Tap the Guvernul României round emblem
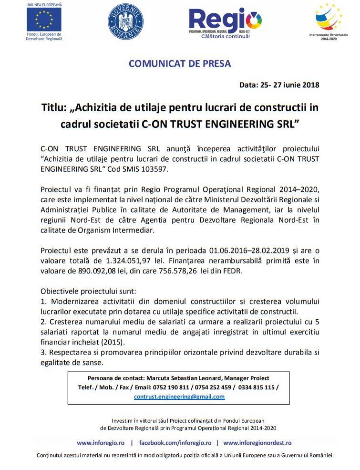click(x=126, y=21)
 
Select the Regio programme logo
click(x=225, y=22)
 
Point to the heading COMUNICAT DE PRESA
click(x=180, y=63)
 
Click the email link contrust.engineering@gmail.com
click(x=179, y=397)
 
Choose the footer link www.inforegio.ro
click(x=101, y=443)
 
